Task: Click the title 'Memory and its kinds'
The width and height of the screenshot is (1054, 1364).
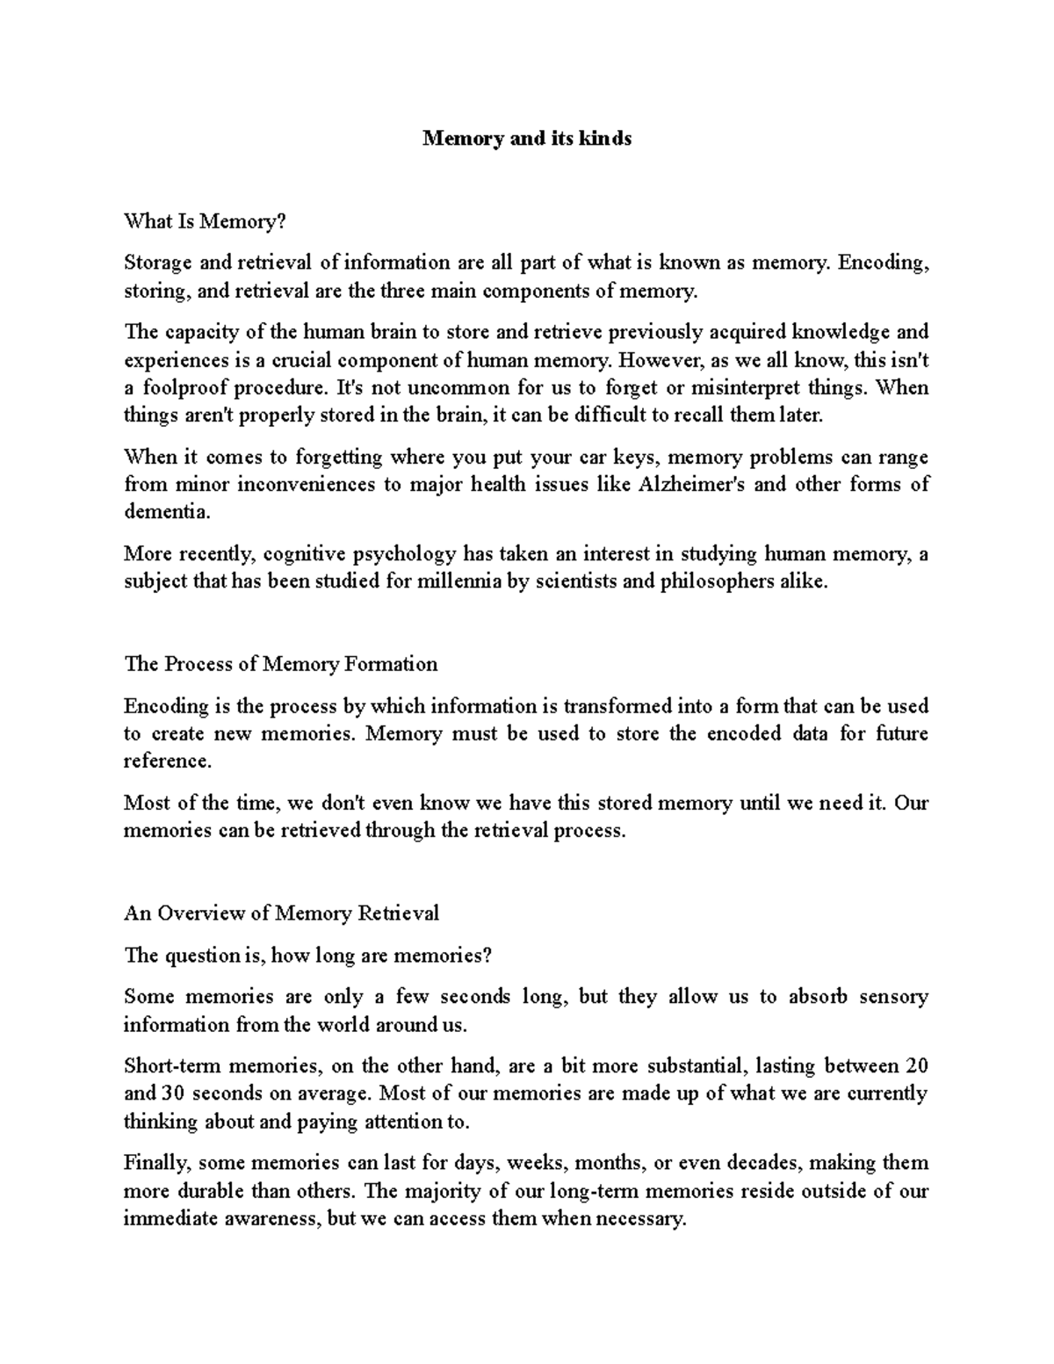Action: click(527, 139)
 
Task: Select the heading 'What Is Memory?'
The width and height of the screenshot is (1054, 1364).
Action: click(206, 221)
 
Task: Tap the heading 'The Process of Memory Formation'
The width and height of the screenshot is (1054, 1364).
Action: click(281, 664)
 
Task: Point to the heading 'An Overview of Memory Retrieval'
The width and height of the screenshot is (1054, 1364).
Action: click(281, 913)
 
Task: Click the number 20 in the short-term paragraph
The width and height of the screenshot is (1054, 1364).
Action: click(916, 1066)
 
